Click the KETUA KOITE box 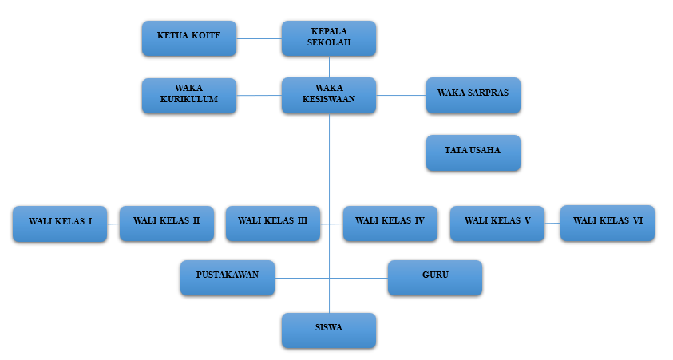coord(188,38)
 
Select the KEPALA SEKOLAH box coord(328,38)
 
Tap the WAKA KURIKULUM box coord(188,95)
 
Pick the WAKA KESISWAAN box coord(328,95)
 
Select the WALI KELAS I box coord(59,224)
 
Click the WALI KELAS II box coord(166,223)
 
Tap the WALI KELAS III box coord(272,223)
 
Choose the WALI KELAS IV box coord(390,223)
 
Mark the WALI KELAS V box coord(497,223)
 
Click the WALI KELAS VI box coord(607,223)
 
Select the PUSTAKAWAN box coord(227,277)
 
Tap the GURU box coord(434,277)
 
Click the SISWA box coord(328,330)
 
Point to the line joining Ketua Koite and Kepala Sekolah coord(259,38)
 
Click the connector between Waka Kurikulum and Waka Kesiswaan coord(259,96)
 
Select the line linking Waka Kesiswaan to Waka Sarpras coord(401,96)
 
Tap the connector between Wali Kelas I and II coord(113,224)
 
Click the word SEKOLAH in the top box coord(329,43)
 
